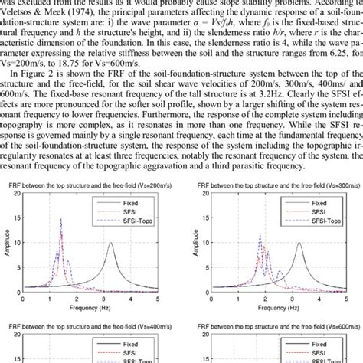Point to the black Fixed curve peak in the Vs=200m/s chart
112,244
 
